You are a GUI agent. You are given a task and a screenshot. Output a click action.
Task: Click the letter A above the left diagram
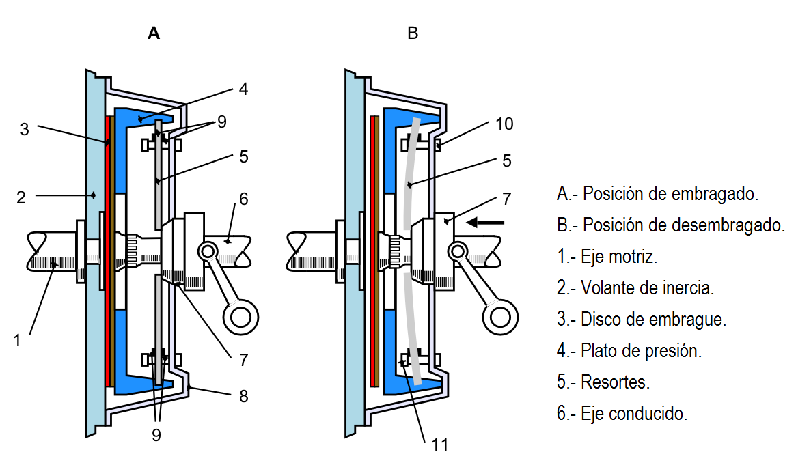pyautogui.click(x=154, y=33)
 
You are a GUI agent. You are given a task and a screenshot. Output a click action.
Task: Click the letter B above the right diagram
pyautogui.click(x=412, y=33)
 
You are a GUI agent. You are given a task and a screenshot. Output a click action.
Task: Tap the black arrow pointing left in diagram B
pyautogui.click(x=486, y=221)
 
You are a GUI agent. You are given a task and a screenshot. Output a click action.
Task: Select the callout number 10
pyautogui.click(x=505, y=124)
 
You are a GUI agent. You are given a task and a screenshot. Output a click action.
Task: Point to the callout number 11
pyautogui.click(x=439, y=445)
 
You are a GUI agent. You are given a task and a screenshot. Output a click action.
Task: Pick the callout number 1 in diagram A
pyautogui.click(x=18, y=339)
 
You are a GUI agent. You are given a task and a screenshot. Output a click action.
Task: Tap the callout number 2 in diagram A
pyautogui.click(x=21, y=198)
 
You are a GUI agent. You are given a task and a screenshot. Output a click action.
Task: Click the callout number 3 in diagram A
pyautogui.click(x=25, y=128)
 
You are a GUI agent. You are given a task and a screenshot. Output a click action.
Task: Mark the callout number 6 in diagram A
pyautogui.click(x=244, y=199)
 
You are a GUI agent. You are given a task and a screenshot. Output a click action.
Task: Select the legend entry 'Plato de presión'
pyautogui.click(x=629, y=351)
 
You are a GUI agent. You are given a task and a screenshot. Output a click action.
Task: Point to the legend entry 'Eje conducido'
pyautogui.click(x=622, y=414)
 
